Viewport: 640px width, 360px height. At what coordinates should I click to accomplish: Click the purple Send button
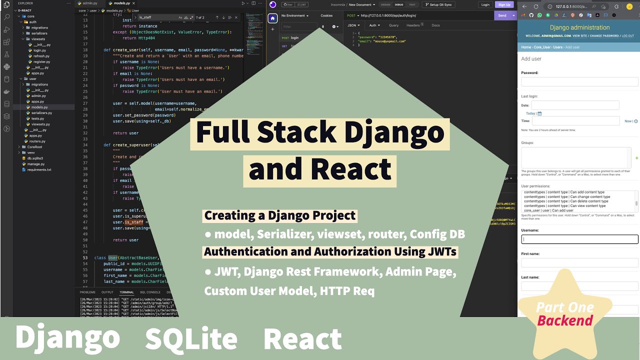coord(502,15)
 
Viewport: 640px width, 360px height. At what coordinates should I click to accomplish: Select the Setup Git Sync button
coord(438,4)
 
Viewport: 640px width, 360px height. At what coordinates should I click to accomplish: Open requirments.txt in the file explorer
coord(39,169)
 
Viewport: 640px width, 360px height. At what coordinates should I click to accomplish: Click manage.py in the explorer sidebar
coord(35,164)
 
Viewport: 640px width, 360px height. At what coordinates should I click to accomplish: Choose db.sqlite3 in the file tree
coord(35,158)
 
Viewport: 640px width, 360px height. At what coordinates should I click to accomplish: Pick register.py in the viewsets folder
coord(41,61)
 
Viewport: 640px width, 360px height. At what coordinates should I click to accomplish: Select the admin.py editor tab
coord(90,3)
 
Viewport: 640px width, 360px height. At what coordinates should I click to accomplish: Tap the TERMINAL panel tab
coord(126,292)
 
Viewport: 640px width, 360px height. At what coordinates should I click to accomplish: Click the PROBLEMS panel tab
coord(87,292)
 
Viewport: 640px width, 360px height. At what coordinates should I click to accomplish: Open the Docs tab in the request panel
coord(435,25)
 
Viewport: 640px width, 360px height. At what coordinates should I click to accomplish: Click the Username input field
coord(579,239)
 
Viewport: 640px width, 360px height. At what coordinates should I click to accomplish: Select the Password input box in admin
coord(579,81)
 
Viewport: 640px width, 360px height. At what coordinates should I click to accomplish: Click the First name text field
coord(579,262)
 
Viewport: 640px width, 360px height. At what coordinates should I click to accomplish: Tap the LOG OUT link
coord(627,36)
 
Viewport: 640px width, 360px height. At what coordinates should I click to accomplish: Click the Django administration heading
coord(579,27)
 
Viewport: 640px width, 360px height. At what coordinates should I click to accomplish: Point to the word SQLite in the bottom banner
coord(191,338)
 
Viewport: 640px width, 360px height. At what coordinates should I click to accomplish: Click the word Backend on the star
coord(565,320)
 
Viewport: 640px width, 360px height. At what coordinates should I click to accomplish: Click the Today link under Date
coord(530,113)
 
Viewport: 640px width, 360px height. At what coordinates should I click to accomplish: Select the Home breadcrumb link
coord(526,47)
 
